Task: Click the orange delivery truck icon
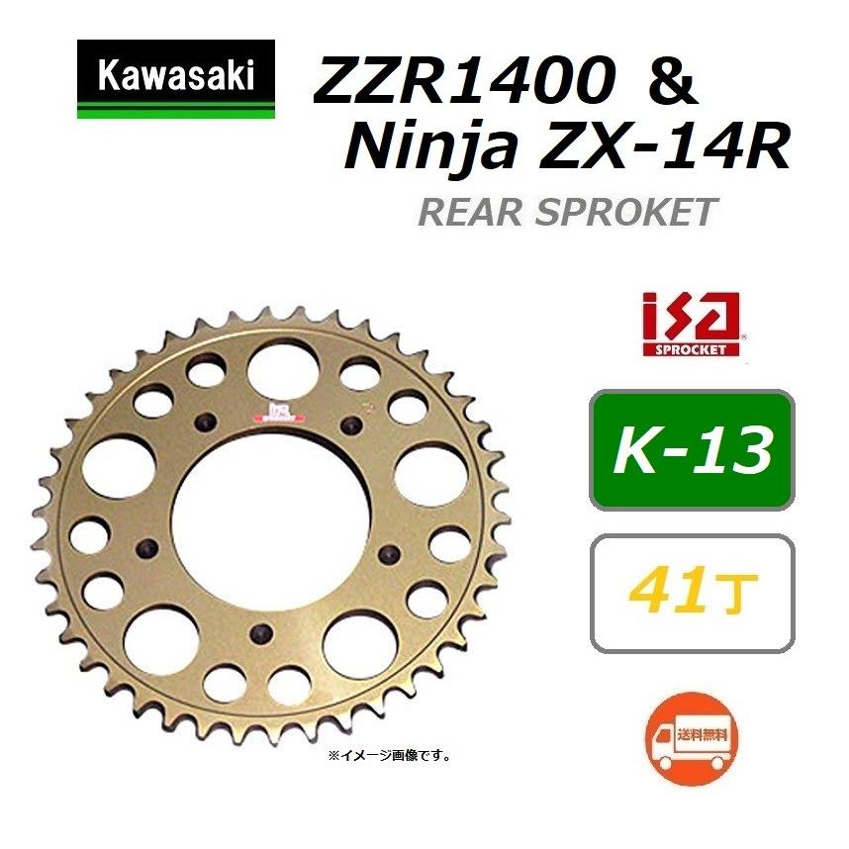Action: click(692, 735)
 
